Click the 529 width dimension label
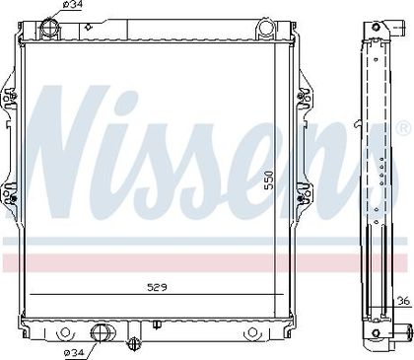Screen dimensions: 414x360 (x=157, y=287)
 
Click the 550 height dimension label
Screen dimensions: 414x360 (x=269, y=180)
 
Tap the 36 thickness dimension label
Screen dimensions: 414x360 (x=403, y=301)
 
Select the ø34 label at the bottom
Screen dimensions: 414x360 (x=74, y=353)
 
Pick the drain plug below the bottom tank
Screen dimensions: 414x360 (x=134, y=343)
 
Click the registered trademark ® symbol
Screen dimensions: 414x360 (x=404, y=127)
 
